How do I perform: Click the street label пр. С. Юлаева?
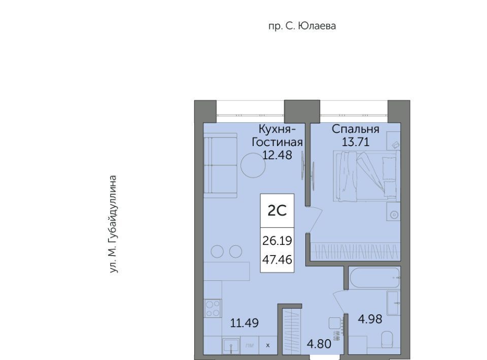click(302, 26)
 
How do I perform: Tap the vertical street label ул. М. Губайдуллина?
click(113, 225)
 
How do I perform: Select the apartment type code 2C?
click(277, 211)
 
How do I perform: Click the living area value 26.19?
click(277, 240)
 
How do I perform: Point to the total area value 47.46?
click(277, 260)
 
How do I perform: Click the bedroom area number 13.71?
click(356, 142)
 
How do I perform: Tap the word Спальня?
click(356, 129)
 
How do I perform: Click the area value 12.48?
click(277, 155)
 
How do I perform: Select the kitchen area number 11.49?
click(245, 323)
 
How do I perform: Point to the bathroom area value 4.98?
click(370, 319)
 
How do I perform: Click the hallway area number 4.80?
click(319, 344)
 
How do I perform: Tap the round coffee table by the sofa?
click(253, 165)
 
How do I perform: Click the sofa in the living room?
click(220, 165)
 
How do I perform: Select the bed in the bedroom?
click(366, 175)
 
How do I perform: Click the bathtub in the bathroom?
click(374, 278)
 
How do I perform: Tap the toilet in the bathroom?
click(387, 340)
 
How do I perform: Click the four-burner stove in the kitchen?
click(213, 308)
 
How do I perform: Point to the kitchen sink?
click(231, 346)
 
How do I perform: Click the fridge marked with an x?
click(268, 345)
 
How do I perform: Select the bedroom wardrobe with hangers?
click(355, 251)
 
